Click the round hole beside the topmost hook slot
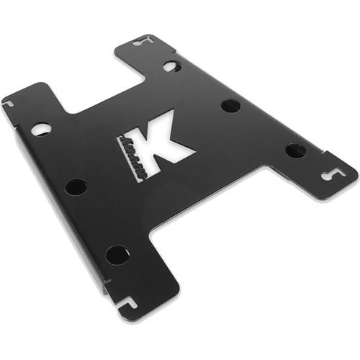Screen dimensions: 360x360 click(x=171, y=66)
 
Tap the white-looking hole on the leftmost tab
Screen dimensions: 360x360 click(x=41, y=130)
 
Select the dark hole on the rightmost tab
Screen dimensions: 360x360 click(x=295, y=150)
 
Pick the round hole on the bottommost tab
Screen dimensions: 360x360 click(x=117, y=254)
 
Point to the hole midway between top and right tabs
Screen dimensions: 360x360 click(x=230, y=106)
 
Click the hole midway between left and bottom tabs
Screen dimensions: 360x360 click(x=76, y=187)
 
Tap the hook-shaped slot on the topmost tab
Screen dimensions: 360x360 click(x=141, y=41)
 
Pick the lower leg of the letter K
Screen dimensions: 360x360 click(x=176, y=154)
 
